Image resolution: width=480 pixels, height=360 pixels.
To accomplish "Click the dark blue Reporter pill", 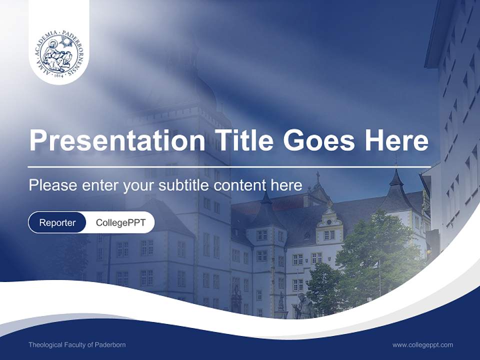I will [x=57, y=222].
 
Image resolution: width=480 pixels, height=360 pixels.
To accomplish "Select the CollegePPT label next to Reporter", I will [x=120, y=222].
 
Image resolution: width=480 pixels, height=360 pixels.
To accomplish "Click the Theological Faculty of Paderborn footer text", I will [x=77, y=344].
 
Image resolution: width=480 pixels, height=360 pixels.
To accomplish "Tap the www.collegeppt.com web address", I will [x=422, y=344].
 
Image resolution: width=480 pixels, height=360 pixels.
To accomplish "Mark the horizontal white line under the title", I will [x=229, y=166].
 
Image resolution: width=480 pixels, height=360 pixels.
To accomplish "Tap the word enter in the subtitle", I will [x=101, y=185].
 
